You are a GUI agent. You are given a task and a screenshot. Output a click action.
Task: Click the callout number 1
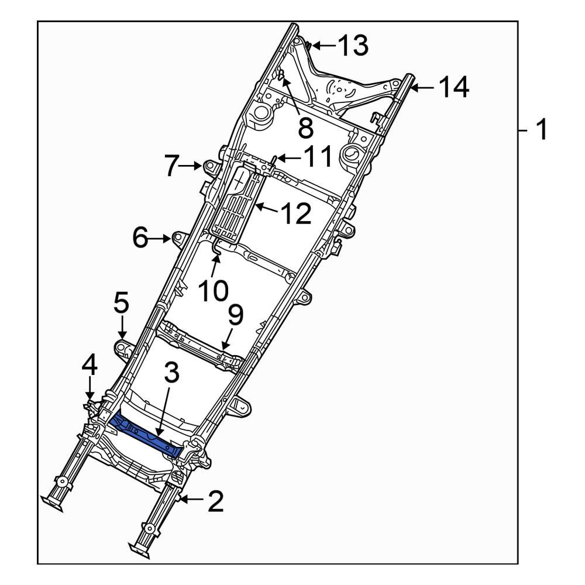coord(542,129)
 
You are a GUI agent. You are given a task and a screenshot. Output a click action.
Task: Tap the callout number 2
coord(215,501)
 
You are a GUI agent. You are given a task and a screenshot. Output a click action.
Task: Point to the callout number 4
coord(89,366)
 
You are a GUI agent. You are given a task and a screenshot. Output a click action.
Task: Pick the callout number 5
coord(121,304)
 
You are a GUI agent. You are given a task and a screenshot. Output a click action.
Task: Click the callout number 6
coord(140,239)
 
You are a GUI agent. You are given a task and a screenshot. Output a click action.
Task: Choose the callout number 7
coord(170,167)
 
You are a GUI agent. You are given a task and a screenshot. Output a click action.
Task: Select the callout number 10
coord(211,290)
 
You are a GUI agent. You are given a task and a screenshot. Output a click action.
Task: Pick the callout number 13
coord(353,45)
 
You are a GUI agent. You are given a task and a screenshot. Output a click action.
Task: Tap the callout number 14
coord(453,88)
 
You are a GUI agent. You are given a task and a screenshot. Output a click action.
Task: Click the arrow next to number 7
coord(190,167)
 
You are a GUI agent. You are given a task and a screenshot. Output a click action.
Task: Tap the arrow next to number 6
coord(161,239)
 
